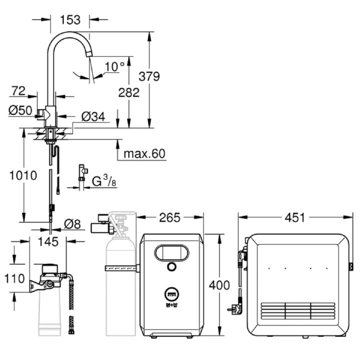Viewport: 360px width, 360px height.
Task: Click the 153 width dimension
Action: [x=70, y=19]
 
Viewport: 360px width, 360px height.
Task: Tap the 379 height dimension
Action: [x=149, y=76]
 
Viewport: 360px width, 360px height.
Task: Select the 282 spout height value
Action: [x=129, y=92]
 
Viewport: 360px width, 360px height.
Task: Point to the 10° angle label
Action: [x=114, y=66]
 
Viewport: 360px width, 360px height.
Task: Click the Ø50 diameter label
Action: [x=20, y=110]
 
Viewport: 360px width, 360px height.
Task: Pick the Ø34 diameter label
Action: [x=93, y=116]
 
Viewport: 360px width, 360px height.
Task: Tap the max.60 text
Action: [x=144, y=153]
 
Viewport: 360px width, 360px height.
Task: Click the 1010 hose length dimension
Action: [x=23, y=175]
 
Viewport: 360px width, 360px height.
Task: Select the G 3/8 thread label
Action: [x=104, y=180]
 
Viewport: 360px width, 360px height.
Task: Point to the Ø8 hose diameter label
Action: [x=72, y=224]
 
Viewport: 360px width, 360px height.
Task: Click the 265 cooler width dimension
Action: [x=169, y=217]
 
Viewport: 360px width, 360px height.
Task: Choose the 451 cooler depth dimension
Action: [x=295, y=217]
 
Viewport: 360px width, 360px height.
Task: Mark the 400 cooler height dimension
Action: [x=219, y=285]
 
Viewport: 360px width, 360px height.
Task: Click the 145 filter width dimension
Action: [x=48, y=242]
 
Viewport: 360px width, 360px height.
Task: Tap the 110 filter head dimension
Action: [x=14, y=278]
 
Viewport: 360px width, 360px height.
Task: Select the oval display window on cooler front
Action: [x=171, y=253]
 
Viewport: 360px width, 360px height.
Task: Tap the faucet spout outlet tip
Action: [x=89, y=54]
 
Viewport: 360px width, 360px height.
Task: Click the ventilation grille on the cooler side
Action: [x=298, y=311]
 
